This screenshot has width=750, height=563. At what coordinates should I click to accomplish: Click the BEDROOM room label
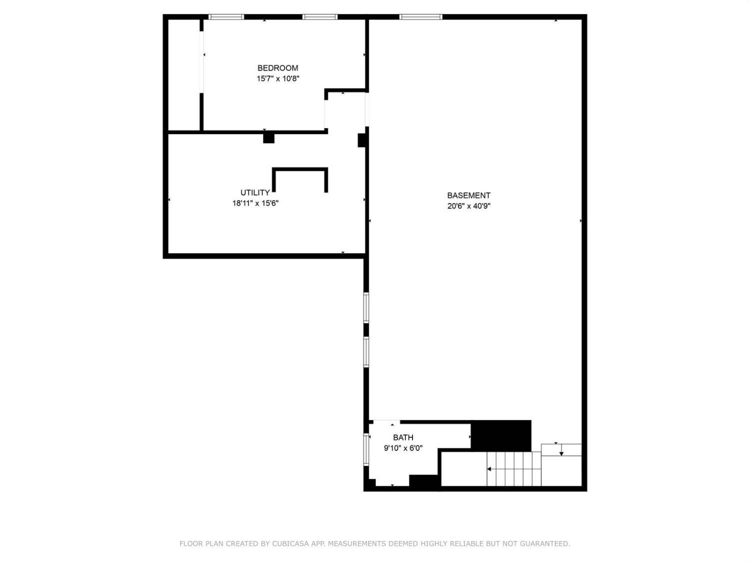277,68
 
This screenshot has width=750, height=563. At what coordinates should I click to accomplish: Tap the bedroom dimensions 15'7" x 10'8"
278,79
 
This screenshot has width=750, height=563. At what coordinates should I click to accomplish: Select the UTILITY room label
255,193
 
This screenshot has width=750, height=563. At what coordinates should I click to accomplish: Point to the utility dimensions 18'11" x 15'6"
255,203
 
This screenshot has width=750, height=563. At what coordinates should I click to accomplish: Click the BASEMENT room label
469,196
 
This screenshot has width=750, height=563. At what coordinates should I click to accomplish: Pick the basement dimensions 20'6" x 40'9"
469,206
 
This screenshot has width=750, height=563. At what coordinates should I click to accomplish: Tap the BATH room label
403,437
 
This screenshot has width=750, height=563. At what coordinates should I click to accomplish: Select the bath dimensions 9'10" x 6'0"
403,448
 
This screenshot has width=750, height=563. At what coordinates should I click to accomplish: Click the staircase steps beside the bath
514,468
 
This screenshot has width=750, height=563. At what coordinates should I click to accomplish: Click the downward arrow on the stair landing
561,449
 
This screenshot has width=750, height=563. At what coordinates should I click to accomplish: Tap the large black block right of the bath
501,436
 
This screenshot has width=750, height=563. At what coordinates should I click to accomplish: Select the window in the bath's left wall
366,449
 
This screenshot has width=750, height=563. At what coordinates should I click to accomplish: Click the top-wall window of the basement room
420,17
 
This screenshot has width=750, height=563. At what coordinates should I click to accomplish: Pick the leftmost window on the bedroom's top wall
226,17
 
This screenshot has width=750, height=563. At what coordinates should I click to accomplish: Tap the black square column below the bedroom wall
268,138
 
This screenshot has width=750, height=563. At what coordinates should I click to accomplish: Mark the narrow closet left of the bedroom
184,75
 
